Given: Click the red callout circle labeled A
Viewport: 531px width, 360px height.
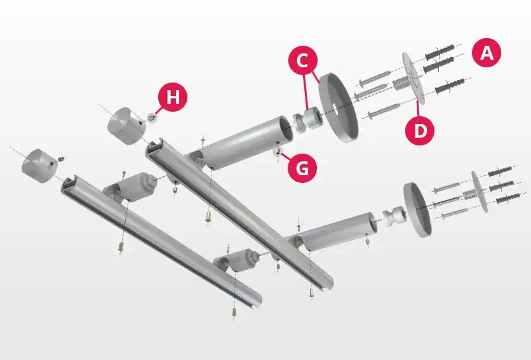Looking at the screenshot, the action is click(487, 53).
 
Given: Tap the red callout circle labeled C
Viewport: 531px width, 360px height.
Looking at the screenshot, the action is click(303, 61).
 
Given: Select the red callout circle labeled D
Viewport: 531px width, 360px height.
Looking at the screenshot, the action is click(420, 130).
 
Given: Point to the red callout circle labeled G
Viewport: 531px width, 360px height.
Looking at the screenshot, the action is click(302, 167).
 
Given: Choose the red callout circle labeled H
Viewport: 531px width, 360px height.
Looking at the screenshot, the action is click(173, 97).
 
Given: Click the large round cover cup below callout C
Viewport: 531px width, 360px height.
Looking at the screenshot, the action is click(339, 107).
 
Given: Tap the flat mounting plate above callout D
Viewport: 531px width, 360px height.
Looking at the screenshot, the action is click(413, 78).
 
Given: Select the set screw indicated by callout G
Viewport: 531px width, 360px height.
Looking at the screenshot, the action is click(278, 152).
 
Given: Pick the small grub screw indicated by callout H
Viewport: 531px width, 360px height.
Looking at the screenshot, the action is click(152, 117).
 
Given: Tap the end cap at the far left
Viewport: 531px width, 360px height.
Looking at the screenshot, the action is click(37, 166).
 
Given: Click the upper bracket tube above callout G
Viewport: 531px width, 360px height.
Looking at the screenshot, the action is click(247, 143).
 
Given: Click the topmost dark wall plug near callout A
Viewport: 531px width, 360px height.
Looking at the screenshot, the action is click(440, 52).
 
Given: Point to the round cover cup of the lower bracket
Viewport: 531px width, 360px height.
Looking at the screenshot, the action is click(417, 210).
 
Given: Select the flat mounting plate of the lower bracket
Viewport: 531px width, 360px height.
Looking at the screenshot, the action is click(480, 191).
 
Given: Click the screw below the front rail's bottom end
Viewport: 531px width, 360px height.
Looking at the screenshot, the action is click(234, 313).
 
